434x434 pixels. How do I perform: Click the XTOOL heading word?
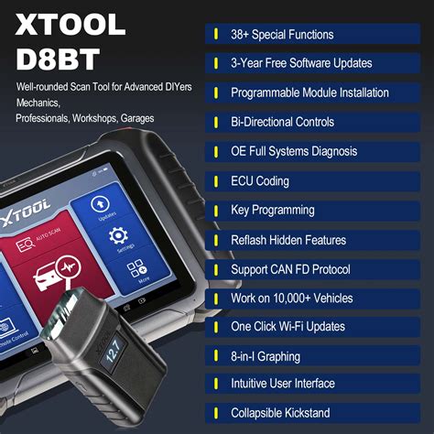point(71,25)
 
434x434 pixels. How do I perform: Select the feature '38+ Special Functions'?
point(282,35)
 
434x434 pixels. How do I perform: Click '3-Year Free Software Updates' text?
point(301,64)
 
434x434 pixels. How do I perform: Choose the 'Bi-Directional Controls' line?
point(282,123)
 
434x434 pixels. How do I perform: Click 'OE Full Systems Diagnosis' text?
point(294,152)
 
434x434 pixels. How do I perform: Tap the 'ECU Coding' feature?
point(260,181)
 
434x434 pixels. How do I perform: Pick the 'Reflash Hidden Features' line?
point(288,240)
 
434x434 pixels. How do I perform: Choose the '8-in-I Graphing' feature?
point(266,357)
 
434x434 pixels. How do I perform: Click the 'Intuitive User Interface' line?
point(283,384)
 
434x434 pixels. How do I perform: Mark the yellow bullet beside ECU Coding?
point(215,181)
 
